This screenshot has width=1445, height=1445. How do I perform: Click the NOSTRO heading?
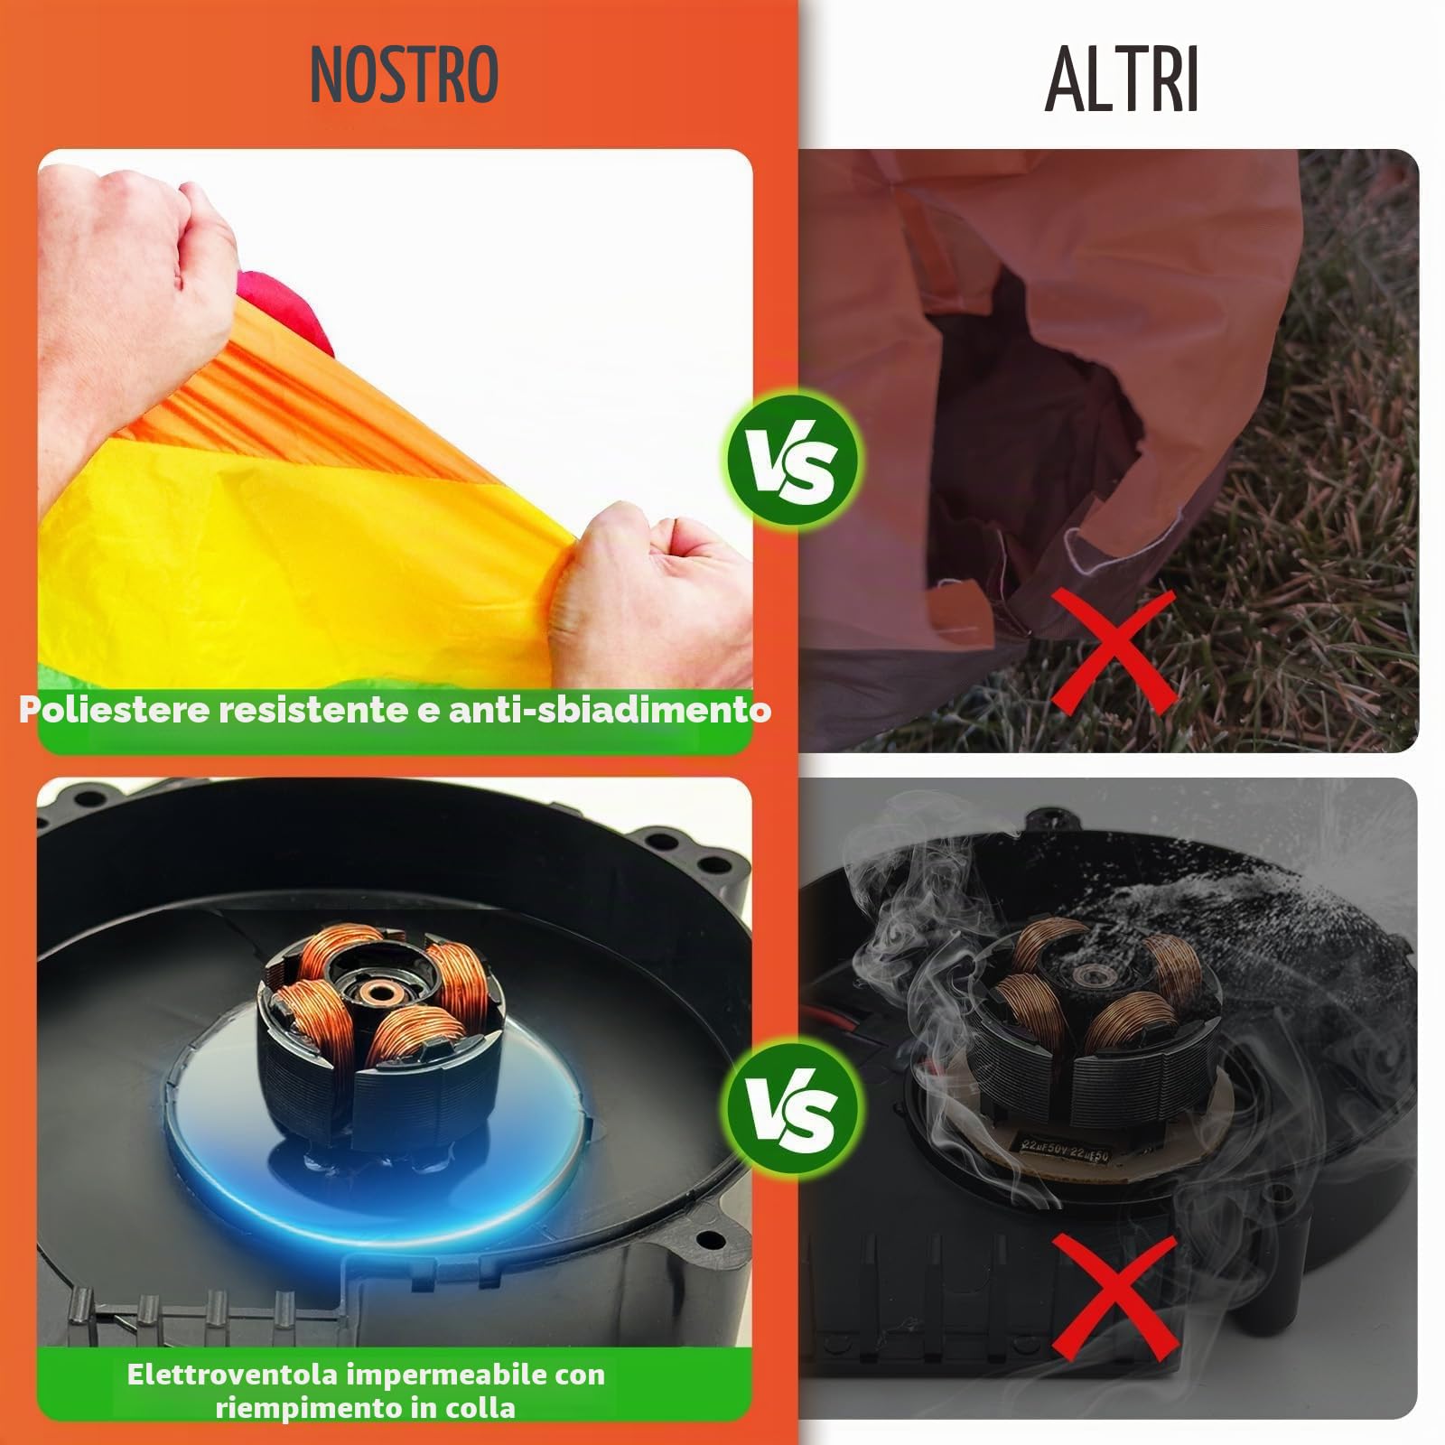tap(404, 74)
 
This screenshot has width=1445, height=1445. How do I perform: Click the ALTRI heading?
tap(1123, 79)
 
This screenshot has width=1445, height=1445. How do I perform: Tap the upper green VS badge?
tap(793, 459)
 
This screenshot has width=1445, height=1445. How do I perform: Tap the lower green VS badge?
tap(793, 1105)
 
